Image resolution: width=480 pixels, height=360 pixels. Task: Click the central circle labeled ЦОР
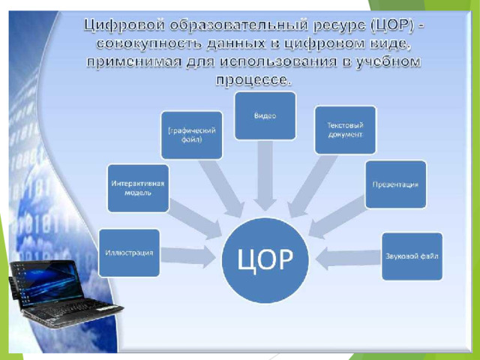click(x=265, y=259)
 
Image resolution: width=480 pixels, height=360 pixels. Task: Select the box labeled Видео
click(x=265, y=115)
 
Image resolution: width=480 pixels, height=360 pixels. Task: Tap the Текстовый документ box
click(x=345, y=130)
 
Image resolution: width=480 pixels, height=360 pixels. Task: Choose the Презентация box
click(x=395, y=184)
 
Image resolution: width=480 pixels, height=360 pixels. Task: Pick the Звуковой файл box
click(x=412, y=256)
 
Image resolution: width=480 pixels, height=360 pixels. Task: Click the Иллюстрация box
click(x=129, y=253)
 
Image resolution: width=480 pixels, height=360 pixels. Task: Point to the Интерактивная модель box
click(x=137, y=187)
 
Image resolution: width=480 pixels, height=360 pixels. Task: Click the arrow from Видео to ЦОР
click(x=265, y=176)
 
